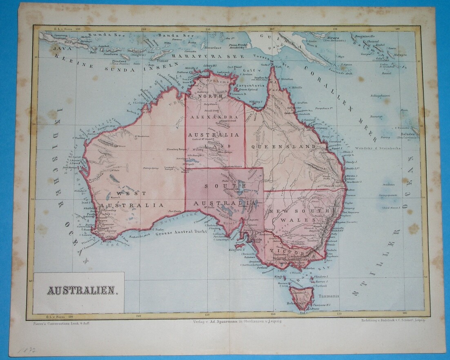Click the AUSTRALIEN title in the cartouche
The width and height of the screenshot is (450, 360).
click(83, 291)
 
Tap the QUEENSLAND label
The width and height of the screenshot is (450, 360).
click(283, 146)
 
